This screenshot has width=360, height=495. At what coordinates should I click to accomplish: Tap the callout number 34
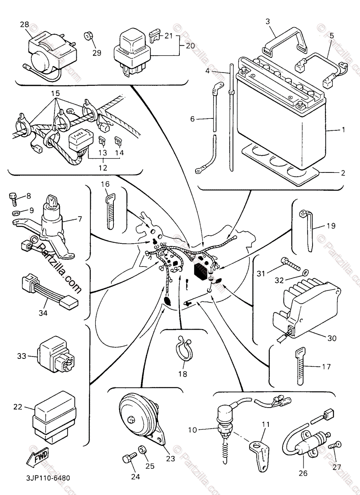[43, 313]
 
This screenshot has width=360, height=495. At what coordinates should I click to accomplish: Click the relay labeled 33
[56, 355]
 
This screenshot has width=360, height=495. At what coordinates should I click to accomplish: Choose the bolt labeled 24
[128, 458]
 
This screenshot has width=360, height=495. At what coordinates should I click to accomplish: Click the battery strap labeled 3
[285, 41]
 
